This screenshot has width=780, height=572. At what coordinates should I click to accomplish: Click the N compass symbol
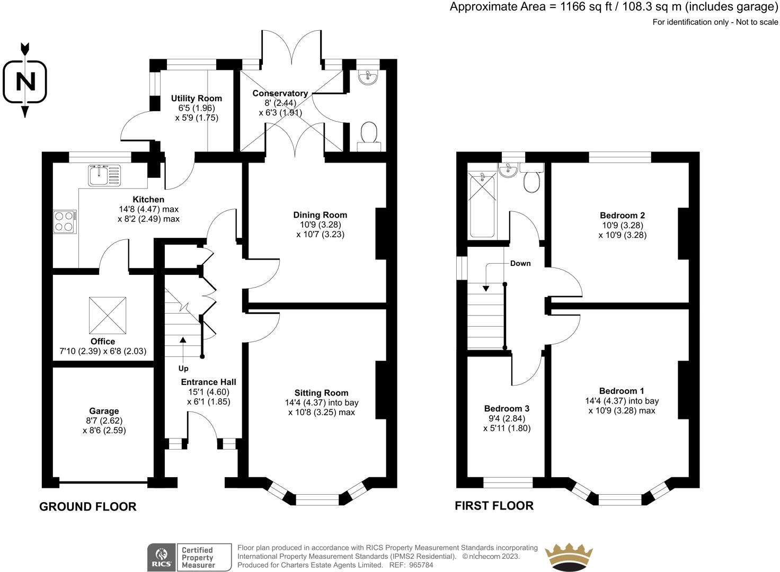click(25, 81)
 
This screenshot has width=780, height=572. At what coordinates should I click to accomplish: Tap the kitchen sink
click(104, 175)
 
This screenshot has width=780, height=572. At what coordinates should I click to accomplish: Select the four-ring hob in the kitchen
click(65, 222)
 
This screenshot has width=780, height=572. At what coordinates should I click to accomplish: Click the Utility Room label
click(197, 99)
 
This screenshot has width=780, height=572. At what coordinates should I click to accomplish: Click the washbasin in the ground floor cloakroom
click(368, 77)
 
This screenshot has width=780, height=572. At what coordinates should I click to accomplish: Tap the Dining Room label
click(320, 215)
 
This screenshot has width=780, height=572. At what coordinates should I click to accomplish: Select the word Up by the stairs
click(183, 368)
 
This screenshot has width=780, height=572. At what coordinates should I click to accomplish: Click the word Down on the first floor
click(520, 264)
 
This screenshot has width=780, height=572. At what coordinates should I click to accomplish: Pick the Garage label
click(104, 411)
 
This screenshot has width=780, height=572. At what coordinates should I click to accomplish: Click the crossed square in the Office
click(108, 315)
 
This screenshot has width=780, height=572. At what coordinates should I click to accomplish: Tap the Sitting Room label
click(322, 393)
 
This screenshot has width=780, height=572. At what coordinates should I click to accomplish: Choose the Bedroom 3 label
click(507, 408)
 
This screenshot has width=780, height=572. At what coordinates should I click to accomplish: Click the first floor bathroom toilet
click(531, 178)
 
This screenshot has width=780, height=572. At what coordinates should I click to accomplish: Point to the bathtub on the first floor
click(482, 206)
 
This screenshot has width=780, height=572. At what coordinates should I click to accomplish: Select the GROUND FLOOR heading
click(88, 506)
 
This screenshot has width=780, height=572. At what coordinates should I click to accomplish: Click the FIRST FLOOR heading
click(494, 506)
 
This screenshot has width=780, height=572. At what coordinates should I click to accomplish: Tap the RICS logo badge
click(189, 557)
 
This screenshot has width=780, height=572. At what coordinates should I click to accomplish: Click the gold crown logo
click(569, 557)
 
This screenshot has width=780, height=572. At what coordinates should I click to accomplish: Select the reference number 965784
click(421, 565)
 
